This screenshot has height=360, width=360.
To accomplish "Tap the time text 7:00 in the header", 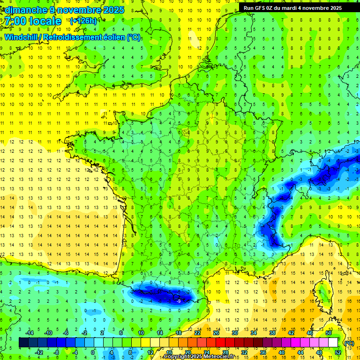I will click(x=16, y=21).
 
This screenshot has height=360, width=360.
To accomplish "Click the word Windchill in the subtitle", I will click(x=22, y=37).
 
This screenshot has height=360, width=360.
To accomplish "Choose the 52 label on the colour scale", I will click(x=337, y=352).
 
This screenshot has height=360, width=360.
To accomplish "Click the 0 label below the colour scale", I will click(x=93, y=352).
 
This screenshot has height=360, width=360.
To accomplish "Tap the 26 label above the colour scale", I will click(x=216, y=333).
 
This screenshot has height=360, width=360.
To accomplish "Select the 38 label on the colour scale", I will click(x=272, y=333).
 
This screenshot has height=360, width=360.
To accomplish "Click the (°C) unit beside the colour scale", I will click(x=349, y=343).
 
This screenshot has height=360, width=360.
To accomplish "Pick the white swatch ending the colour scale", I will click(x=333, y=343).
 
